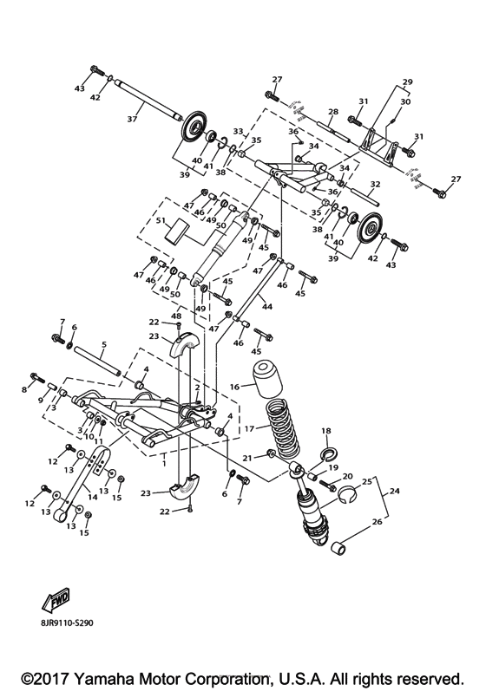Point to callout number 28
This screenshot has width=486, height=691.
point(332,111)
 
